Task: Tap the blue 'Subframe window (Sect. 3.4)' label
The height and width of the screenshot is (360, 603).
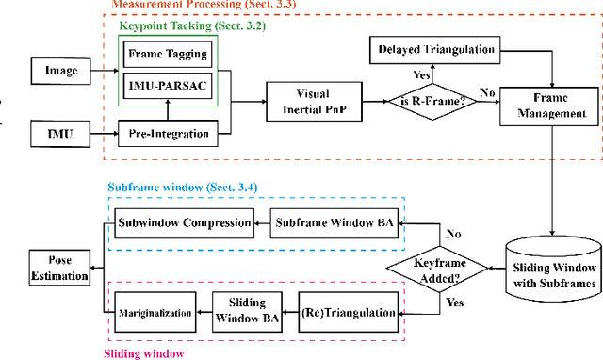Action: pyautogui.click(x=183, y=188)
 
